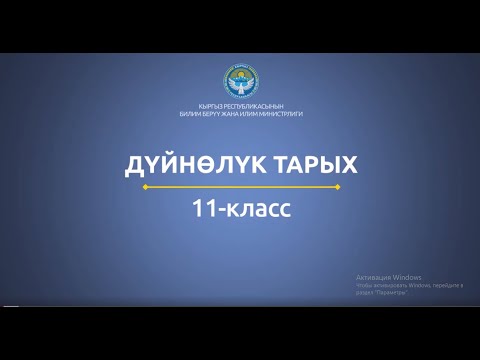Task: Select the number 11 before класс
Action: pyautogui.click(x=207, y=211)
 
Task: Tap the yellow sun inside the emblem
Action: pyautogui.click(x=240, y=74)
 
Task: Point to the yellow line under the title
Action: pyautogui.click(x=240, y=187)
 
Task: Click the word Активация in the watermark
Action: pyautogui.click(x=374, y=277)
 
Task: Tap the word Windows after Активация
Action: pyautogui.click(x=407, y=277)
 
